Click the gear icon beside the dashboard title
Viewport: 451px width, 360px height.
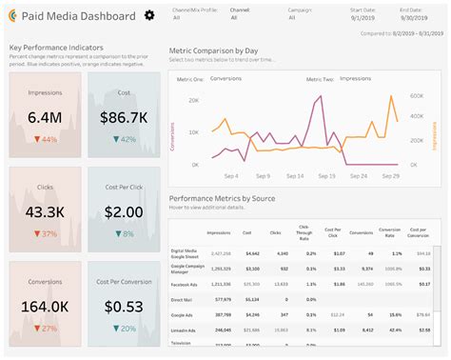point(148,15)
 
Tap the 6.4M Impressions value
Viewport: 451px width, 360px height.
point(45,118)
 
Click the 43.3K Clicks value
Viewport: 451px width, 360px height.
point(45,210)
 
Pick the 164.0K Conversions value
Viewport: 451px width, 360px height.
point(45,306)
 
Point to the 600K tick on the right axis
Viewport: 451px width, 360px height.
point(416,96)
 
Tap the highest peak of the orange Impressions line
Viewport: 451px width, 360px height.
point(390,96)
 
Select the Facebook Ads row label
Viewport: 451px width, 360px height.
point(186,284)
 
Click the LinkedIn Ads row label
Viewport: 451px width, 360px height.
point(186,330)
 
